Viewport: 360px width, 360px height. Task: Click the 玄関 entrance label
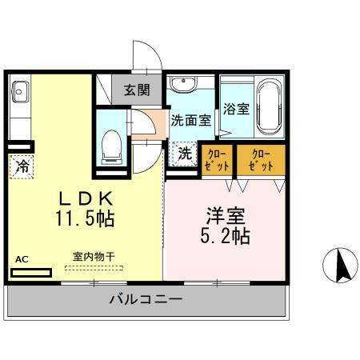(x=137, y=90)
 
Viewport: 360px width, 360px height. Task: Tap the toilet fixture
(x=110, y=146)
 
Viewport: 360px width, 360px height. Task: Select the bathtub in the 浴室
(x=268, y=106)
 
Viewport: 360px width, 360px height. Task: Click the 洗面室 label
(x=190, y=121)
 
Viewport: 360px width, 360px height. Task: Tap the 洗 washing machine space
(x=184, y=152)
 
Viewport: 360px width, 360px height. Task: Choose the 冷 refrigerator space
(x=21, y=166)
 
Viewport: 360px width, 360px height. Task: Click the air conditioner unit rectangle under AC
(x=31, y=272)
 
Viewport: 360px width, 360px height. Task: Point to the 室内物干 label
(x=94, y=257)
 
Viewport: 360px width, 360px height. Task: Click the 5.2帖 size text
(x=224, y=236)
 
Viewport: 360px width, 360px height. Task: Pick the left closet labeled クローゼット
(x=216, y=158)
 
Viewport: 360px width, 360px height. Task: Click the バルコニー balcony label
(x=146, y=300)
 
